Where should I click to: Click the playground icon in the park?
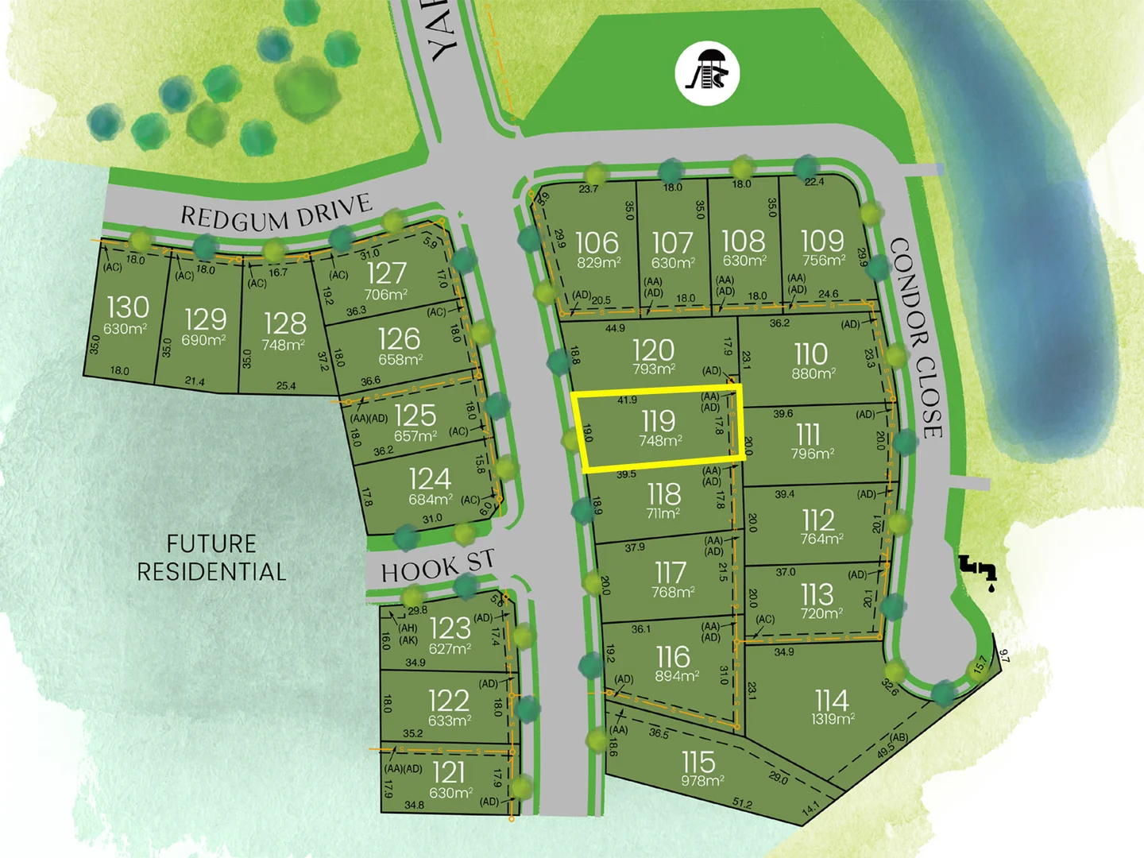pos(707,73)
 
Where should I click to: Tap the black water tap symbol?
pos(978,569)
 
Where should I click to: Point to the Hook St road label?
pos(438,566)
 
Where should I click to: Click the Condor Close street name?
pos(917,337)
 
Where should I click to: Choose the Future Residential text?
pos(211,558)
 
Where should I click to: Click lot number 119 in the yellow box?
pos(659,420)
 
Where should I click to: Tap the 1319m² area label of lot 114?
pos(833,719)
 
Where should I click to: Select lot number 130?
pos(128,307)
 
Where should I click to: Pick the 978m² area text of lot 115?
pos(702,781)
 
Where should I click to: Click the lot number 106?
pos(597,242)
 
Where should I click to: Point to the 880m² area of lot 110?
pos(813,373)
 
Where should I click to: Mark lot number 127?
pos(387,273)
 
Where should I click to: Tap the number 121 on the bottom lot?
pos(449,771)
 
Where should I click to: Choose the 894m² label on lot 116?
pos(677,677)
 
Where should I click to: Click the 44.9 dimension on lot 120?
pos(615,328)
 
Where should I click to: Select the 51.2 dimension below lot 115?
pos(742,803)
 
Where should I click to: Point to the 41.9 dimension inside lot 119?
pos(627,400)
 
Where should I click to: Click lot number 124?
pos(430,478)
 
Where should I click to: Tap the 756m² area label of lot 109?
pos(824,261)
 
